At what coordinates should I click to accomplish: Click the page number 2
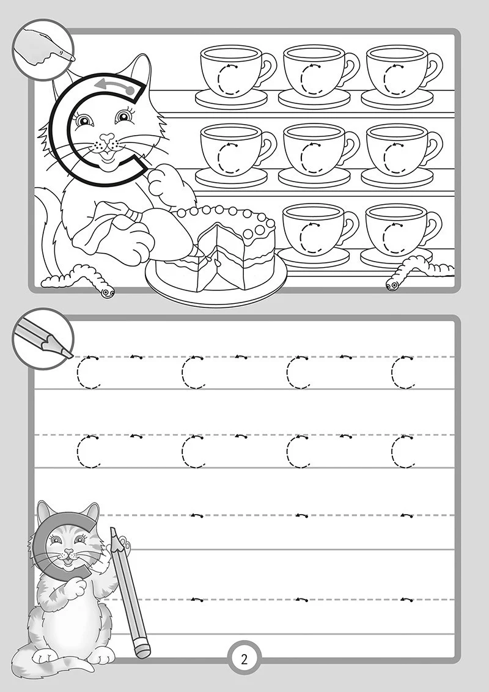(x=244, y=660)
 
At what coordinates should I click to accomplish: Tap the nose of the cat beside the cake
(x=106, y=138)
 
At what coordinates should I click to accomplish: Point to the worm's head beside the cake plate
(x=106, y=291)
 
